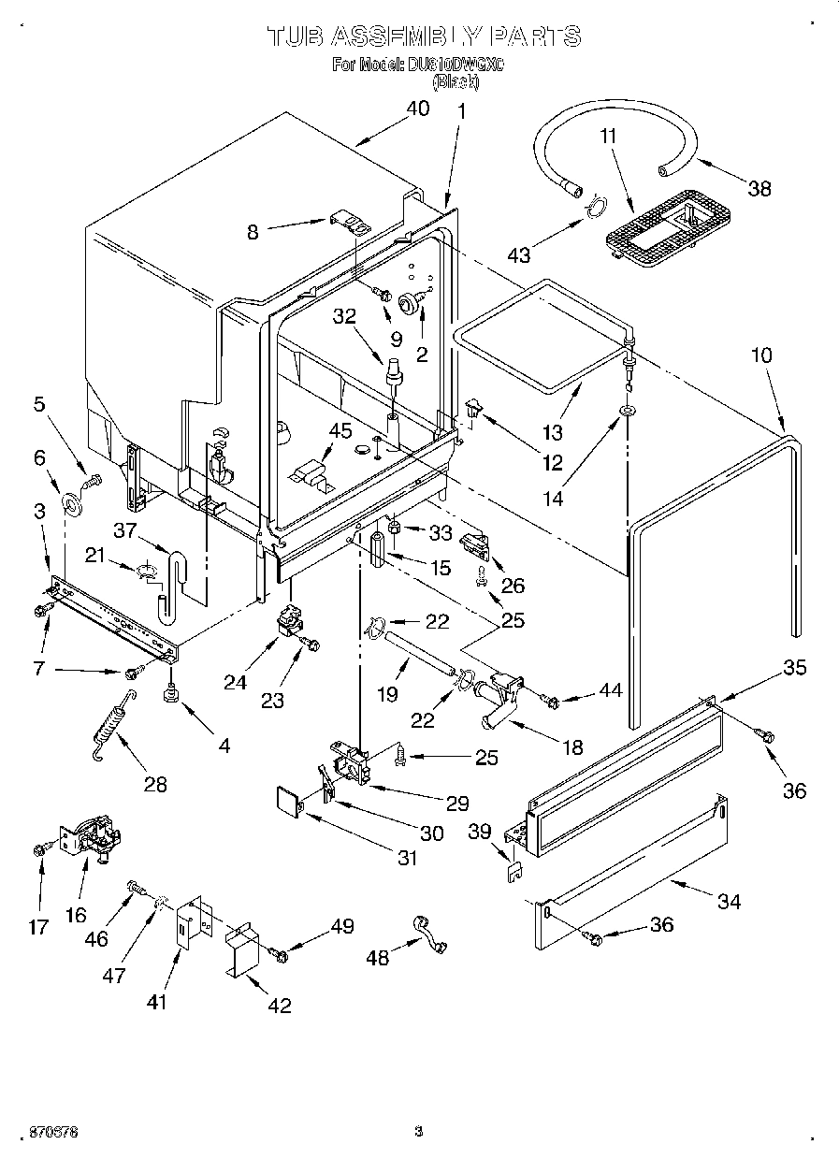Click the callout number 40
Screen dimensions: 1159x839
pyautogui.click(x=417, y=109)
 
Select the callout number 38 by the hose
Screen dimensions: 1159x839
pyautogui.click(x=759, y=188)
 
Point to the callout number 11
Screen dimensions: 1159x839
pyautogui.click(x=609, y=137)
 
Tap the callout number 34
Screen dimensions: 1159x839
pyautogui.click(x=729, y=901)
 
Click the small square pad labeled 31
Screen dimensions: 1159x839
pyautogui.click(x=291, y=802)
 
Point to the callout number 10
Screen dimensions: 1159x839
pyautogui.click(x=761, y=355)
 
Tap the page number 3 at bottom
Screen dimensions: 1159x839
pyautogui.click(x=418, y=1133)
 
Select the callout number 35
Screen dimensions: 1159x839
pyautogui.click(x=794, y=668)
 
